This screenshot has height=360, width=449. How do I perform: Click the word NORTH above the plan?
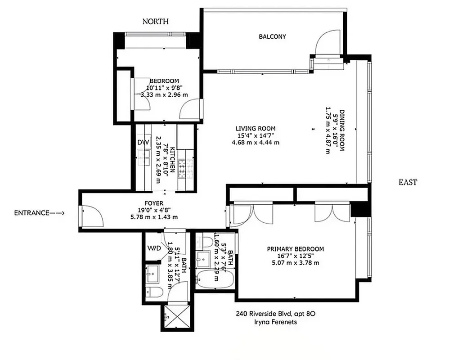156,21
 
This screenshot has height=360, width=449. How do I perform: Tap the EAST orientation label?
408,182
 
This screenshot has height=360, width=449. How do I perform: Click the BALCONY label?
272,37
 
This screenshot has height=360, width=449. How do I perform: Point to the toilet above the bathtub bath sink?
204,242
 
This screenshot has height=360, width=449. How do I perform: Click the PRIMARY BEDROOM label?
295,249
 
